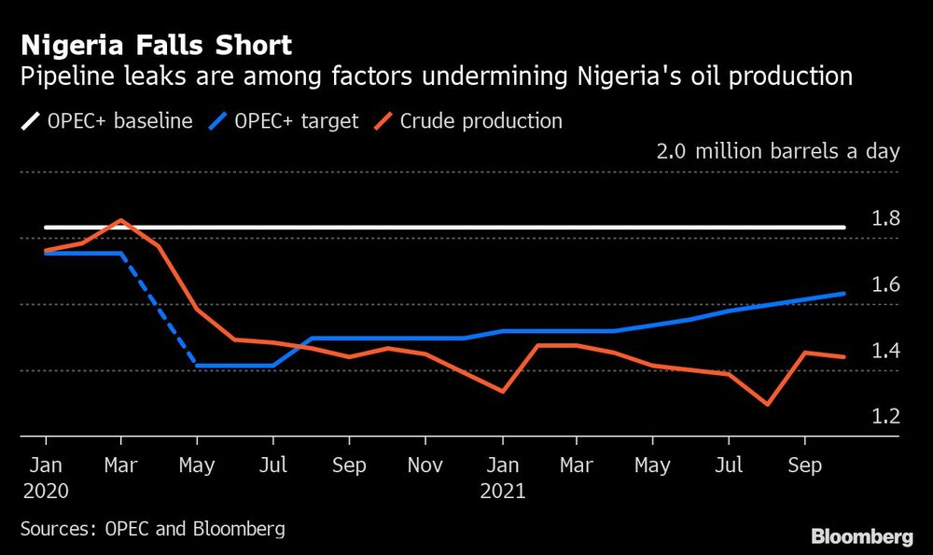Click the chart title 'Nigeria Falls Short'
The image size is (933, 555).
156,45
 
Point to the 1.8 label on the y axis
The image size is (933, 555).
885,219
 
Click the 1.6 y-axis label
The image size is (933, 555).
885,284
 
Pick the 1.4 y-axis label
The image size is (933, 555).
885,351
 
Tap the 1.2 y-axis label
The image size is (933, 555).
885,416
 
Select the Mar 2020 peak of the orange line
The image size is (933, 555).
120,220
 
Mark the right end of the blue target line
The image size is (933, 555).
844,294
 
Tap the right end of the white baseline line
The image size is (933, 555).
844,227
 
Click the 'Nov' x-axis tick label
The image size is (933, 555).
425,465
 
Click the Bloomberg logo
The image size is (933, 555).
861,536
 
